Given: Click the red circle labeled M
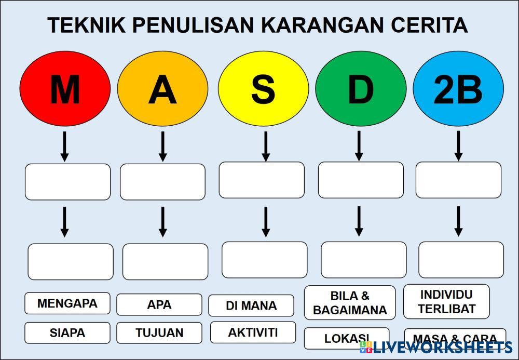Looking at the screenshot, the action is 65,88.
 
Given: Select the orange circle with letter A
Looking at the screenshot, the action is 162,88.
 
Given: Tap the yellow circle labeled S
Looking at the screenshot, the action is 264,88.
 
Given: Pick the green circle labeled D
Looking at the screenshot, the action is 361,88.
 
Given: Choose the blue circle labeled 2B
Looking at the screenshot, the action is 458,88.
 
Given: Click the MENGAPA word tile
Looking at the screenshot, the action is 67,303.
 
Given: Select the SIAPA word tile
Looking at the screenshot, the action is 67,333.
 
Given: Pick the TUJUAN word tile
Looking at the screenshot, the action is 159,333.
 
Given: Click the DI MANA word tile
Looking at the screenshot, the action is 251,305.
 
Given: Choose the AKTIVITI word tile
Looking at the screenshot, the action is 253,332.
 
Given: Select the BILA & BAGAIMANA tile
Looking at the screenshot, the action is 350,303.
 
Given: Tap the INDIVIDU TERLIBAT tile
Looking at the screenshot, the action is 446,302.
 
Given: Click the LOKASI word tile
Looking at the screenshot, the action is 347,339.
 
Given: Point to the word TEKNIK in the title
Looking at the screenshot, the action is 87,25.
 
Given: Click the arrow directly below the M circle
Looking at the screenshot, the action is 65,146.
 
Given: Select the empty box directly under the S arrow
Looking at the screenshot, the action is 262,180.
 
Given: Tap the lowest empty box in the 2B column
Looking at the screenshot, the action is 461,260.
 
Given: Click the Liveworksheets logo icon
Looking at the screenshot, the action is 365,347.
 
